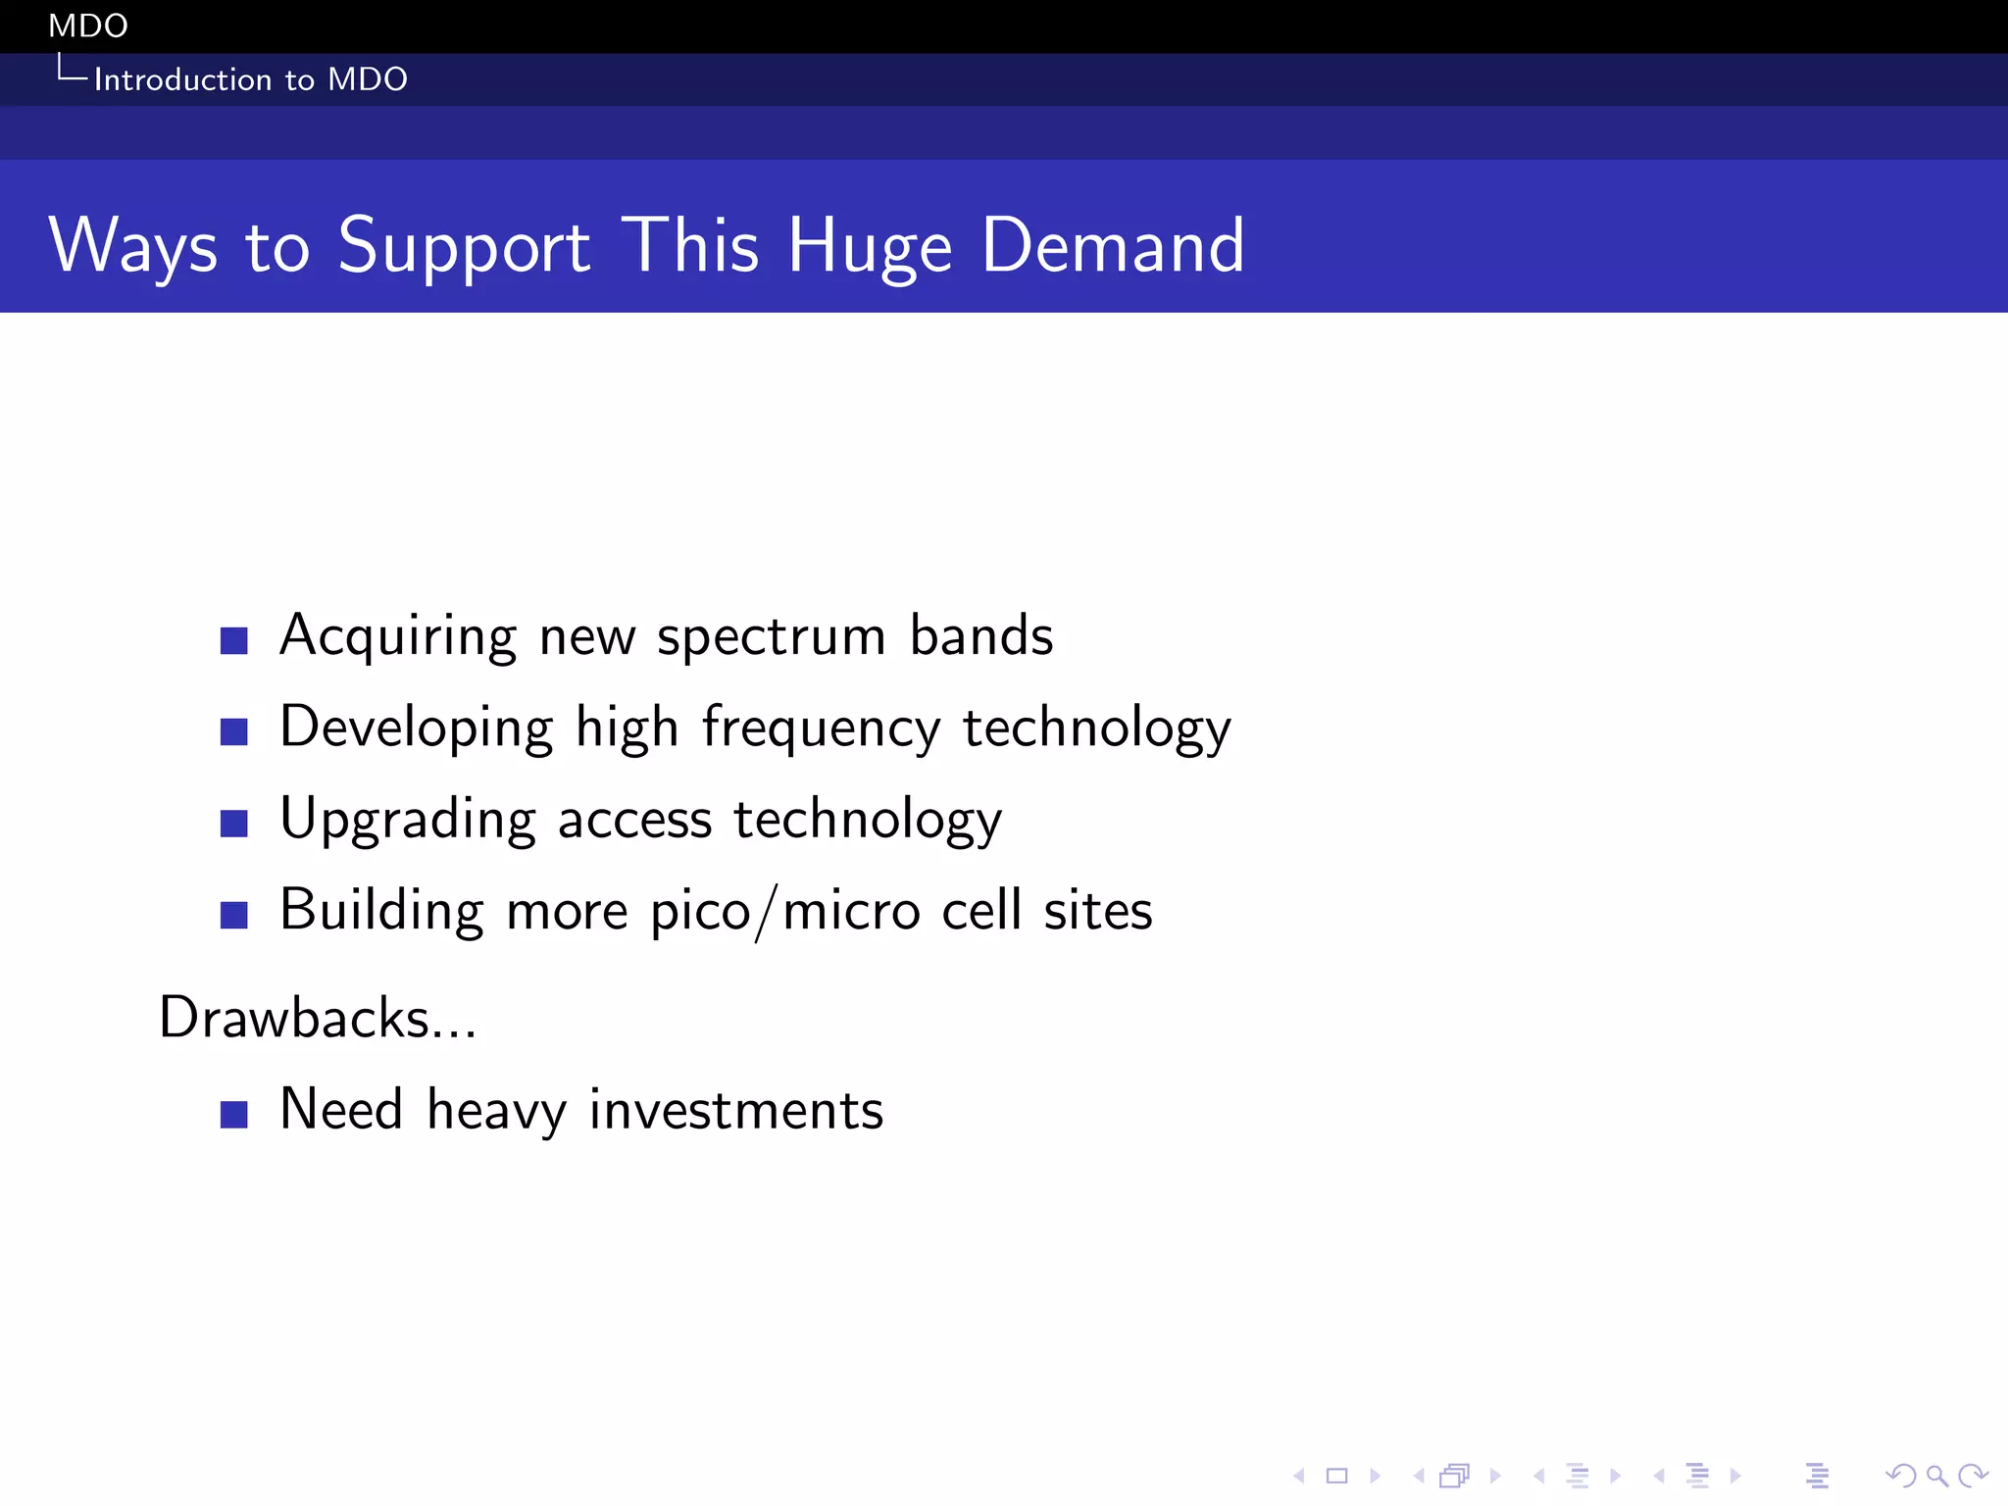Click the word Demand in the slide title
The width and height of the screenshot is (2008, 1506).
(x=1113, y=245)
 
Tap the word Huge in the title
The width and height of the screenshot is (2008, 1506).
(x=870, y=247)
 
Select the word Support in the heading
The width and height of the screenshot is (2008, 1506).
(x=464, y=247)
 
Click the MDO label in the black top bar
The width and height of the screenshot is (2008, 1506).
(x=88, y=25)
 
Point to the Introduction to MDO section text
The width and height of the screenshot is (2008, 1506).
(x=250, y=79)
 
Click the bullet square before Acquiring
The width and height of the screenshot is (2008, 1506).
(x=233, y=640)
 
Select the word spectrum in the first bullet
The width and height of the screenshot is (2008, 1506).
(x=771, y=637)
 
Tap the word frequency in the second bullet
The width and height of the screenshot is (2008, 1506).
(x=822, y=729)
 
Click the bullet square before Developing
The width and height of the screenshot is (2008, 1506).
(x=233, y=731)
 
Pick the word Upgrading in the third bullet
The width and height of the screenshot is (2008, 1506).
(x=408, y=821)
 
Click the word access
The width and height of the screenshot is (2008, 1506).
(x=634, y=821)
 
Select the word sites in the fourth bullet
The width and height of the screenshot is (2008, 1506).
(x=1098, y=911)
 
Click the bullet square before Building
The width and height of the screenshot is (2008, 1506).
(x=233, y=915)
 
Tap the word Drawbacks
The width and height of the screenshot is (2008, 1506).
(x=294, y=1018)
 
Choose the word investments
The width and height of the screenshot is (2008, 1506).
(x=736, y=1111)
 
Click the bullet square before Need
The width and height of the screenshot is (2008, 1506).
(x=233, y=1115)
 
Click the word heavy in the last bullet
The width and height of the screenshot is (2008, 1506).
(x=497, y=1112)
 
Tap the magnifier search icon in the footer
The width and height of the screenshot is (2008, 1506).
(x=1936, y=1475)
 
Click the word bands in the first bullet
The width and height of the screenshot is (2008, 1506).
(x=981, y=635)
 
